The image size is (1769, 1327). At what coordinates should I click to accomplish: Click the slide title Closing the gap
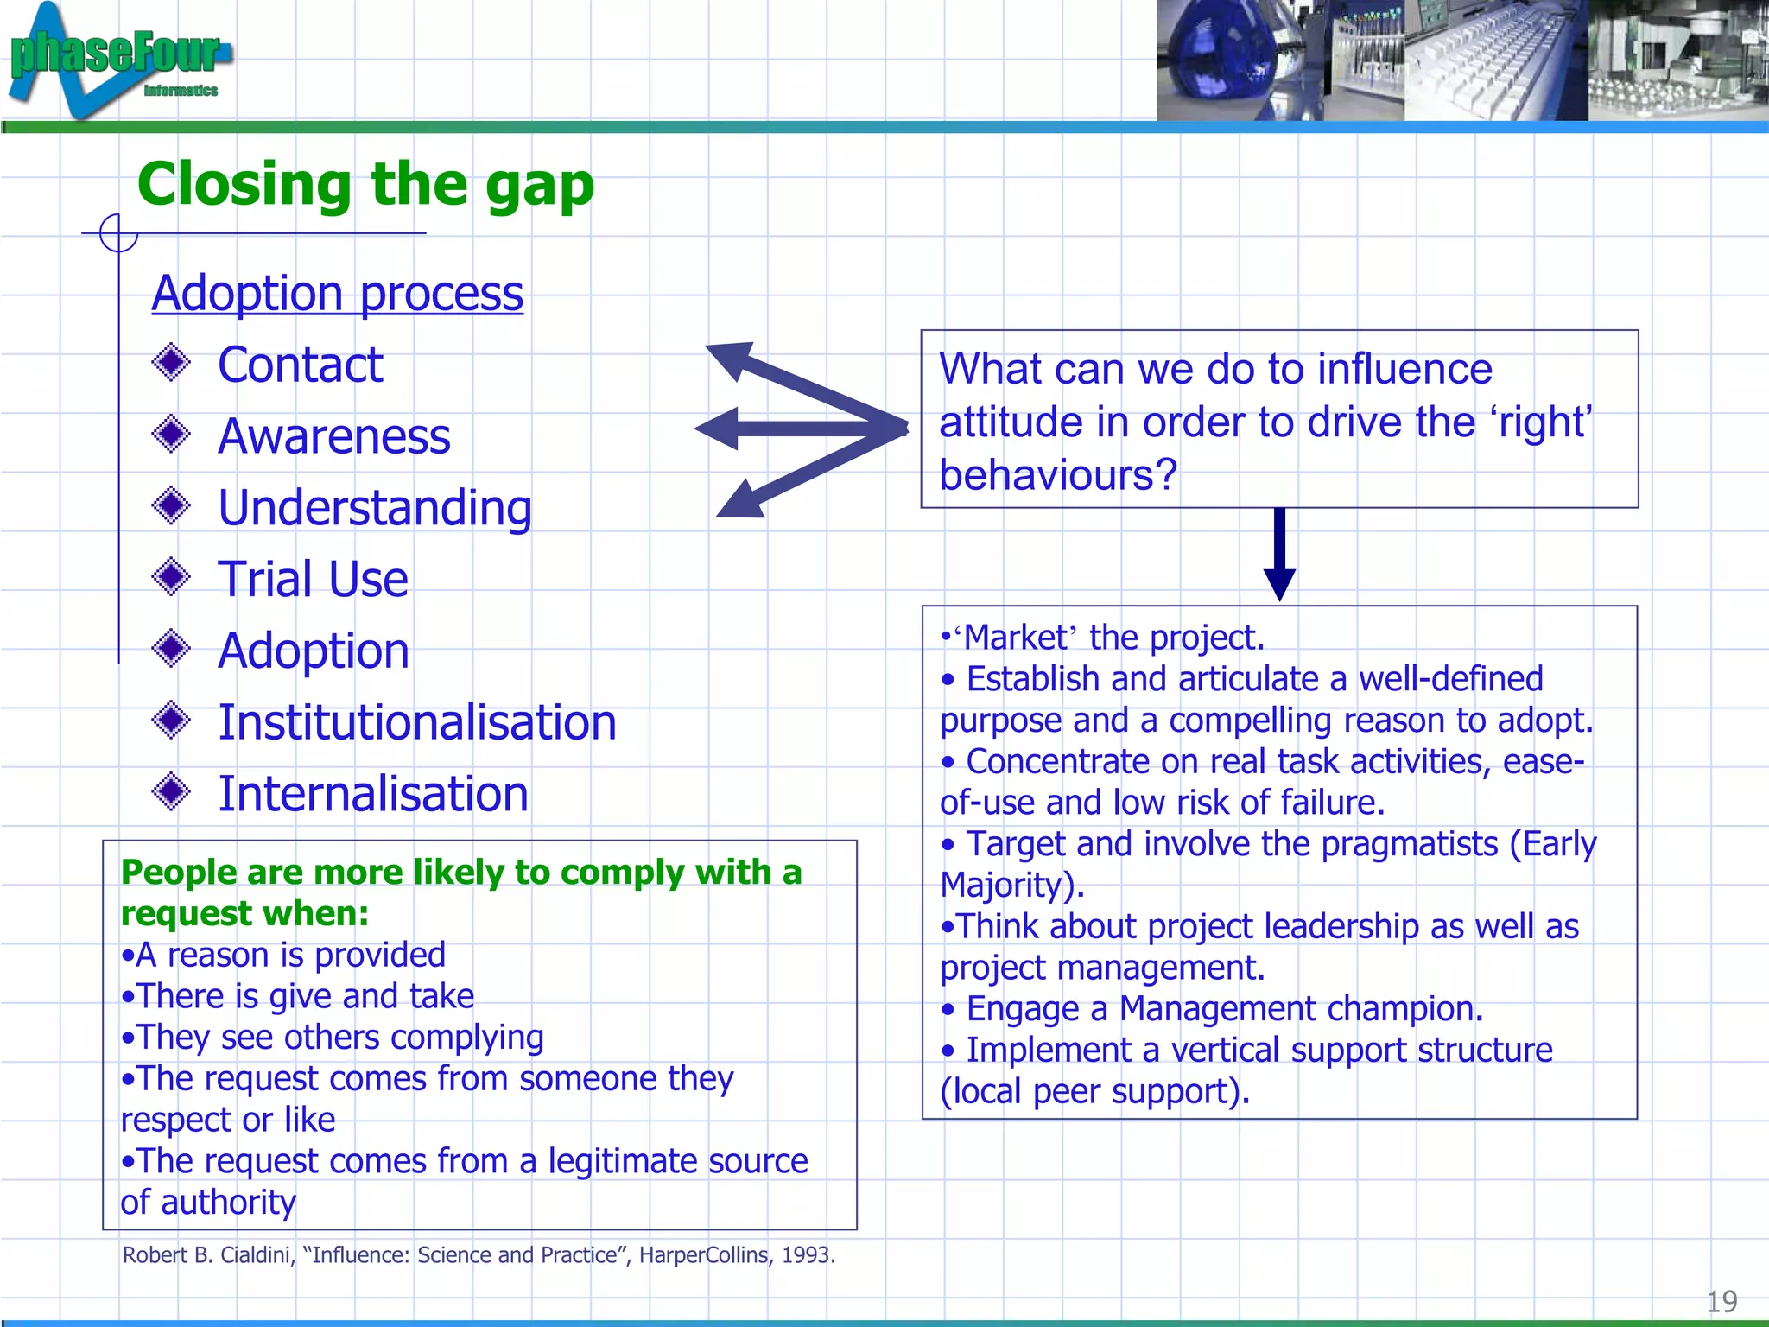[x=365, y=184]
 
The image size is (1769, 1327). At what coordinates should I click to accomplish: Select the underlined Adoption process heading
[x=337, y=294]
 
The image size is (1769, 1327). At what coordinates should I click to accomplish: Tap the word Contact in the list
[x=300, y=365]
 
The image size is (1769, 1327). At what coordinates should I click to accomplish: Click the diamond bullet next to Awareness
[x=171, y=434]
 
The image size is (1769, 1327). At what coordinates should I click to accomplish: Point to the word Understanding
[x=374, y=507]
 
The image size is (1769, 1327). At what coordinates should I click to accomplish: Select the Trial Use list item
[x=313, y=579]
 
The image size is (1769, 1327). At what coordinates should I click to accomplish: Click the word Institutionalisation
[x=416, y=722]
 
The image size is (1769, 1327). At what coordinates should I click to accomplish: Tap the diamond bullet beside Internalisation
[x=171, y=791]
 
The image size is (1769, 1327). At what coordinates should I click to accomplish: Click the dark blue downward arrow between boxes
[x=1279, y=553]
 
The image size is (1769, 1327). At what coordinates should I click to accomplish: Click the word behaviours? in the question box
[x=1057, y=475]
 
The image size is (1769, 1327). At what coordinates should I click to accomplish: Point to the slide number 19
[x=1721, y=1301]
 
